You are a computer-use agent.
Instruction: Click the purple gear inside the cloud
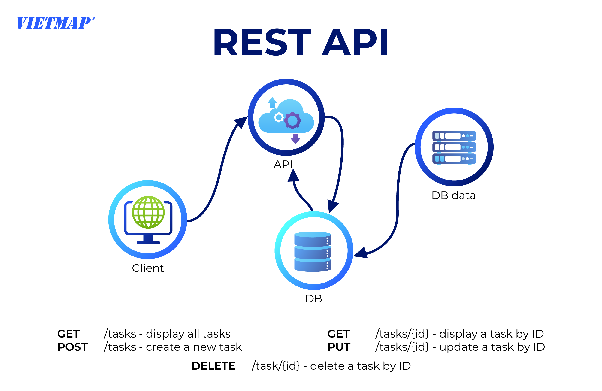[292, 120]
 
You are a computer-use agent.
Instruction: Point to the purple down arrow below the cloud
[295, 139]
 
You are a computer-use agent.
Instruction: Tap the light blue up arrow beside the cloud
[272, 102]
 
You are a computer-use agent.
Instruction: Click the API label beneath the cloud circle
[283, 164]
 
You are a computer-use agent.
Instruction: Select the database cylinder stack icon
[313, 251]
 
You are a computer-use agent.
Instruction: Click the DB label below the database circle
[314, 299]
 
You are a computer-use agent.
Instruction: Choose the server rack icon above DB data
[454, 147]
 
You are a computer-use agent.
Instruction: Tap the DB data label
[454, 195]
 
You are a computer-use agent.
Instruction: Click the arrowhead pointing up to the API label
[293, 176]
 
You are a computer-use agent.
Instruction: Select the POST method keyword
[73, 347]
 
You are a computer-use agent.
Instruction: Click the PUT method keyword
[339, 347]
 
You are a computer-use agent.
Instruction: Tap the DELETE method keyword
[213, 366]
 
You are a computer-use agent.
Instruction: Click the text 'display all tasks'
[188, 334]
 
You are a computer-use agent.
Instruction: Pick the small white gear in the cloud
[279, 117]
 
